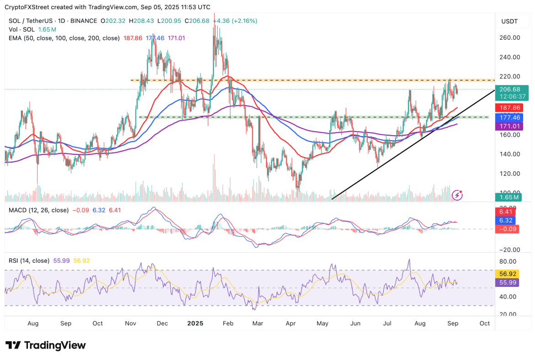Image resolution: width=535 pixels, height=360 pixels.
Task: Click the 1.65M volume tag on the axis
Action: coord(508,197)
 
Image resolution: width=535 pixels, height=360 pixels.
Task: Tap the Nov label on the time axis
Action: coord(130,323)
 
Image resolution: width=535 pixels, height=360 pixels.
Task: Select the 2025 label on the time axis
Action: coord(195,323)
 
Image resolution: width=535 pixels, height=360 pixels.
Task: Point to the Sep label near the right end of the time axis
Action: coord(453,323)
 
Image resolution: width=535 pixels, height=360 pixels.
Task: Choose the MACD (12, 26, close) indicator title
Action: coord(39,210)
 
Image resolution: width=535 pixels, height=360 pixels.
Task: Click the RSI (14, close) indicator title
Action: coord(29,261)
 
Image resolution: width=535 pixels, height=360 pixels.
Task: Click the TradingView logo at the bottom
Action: coord(45,345)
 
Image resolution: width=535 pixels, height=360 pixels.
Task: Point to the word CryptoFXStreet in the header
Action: coord(26,7)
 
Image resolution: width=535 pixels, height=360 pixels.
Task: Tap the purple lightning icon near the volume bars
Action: coord(457,195)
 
